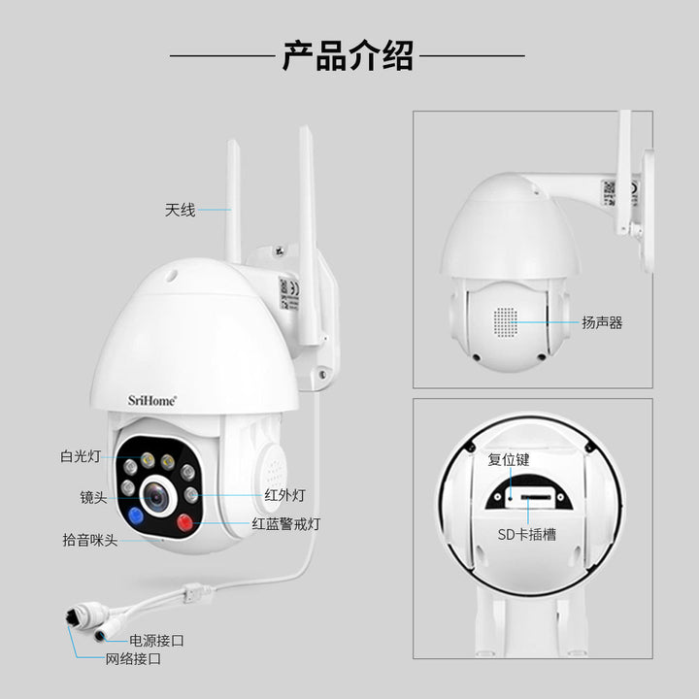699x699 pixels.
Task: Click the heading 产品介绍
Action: [x=348, y=55]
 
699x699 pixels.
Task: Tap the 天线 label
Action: [x=181, y=210]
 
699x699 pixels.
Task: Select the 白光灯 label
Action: [x=81, y=456]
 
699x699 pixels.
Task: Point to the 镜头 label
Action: [x=93, y=497]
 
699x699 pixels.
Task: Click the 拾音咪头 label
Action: [x=90, y=540]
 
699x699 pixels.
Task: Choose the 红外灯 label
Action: [x=284, y=495]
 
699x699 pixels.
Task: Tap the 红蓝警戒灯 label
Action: [x=286, y=524]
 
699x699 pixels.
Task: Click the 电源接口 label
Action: [x=156, y=641]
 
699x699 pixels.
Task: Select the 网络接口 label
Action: [x=133, y=659]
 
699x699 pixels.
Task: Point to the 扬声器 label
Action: [x=602, y=322]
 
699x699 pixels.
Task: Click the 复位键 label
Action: [x=509, y=459]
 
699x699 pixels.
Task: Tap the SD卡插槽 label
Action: [x=527, y=534]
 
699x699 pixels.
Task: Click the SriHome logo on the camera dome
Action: [x=152, y=400]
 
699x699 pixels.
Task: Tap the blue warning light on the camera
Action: [x=136, y=516]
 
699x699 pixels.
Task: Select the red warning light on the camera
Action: [x=184, y=522]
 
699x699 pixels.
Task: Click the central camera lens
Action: [x=157, y=496]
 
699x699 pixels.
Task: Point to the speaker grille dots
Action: [x=506, y=322]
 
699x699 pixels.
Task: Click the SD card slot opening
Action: [x=536, y=497]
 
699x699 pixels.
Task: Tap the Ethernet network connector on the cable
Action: [x=84, y=616]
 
